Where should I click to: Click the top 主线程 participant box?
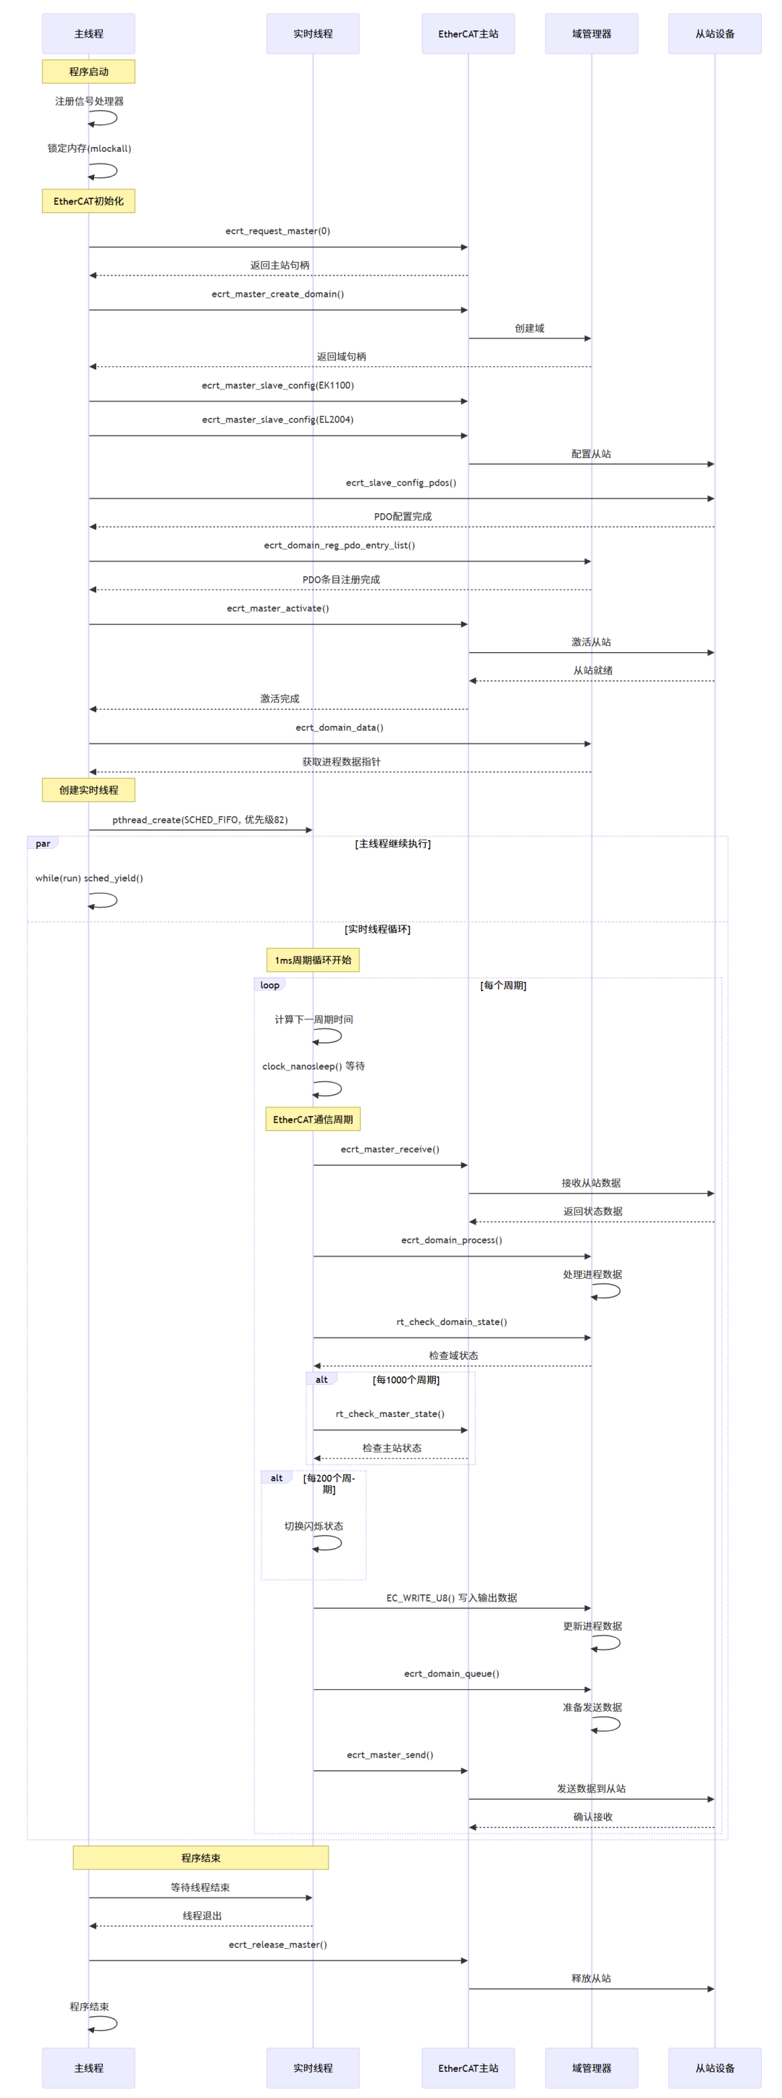point(88,33)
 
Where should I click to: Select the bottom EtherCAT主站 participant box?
point(468,2068)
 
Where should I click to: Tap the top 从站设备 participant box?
point(715,33)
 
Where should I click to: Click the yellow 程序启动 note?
point(88,72)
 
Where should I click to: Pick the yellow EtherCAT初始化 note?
point(88,201)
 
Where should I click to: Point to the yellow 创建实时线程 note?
point(88,790)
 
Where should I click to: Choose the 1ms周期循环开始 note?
point(313,960)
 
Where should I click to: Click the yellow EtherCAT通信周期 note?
point(313,1120)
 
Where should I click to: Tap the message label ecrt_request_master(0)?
point(278,232)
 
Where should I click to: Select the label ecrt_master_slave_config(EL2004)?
point(278,420)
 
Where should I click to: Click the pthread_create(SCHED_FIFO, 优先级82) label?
point(200,820)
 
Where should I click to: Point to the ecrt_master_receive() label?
point(390,1150)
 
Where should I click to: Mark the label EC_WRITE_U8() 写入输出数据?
point(451,1598)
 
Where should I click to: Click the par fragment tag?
point(42,844)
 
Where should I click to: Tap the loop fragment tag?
point(269,986)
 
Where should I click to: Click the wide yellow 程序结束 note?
point(201,1858)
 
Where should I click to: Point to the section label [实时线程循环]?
point(377,929)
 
